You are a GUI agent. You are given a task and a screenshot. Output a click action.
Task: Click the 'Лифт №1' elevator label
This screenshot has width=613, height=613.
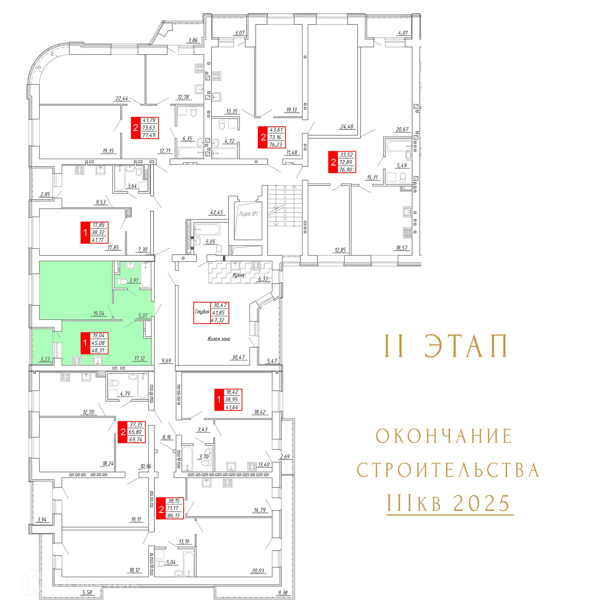[x=248, y=214]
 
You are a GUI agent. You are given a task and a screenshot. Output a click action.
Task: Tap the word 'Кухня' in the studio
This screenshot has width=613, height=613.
[x=238, y=275]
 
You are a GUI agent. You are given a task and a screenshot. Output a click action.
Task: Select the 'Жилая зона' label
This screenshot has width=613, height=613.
[x=219, y=339]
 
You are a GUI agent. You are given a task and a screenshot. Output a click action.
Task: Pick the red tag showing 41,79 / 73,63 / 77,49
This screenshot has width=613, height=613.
[x=145, y=128]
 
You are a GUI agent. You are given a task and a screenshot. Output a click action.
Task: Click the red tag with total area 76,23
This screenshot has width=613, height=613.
[x=272, y=137]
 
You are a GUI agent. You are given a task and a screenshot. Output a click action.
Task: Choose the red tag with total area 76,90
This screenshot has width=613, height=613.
[x=342, y=162]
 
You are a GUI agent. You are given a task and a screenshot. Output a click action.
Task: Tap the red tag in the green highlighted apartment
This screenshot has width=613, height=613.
[x=94, y=343]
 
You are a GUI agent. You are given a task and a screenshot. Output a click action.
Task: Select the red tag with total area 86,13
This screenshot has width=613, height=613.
[x=170, y=508]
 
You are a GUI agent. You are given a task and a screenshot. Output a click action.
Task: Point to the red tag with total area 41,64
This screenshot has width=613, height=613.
[x=228, y=399]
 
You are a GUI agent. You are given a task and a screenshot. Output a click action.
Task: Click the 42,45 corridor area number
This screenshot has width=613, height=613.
[x=217, y=213]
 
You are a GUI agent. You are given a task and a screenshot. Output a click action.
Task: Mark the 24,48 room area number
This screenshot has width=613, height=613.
[x=347, y=127]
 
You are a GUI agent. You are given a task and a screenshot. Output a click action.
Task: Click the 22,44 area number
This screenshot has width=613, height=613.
[x=122, y=98]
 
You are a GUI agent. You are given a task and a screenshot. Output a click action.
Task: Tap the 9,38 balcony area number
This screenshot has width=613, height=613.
[x=283, y=593]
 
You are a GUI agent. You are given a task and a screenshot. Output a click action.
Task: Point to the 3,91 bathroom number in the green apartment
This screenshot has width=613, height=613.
[x=133, y=281]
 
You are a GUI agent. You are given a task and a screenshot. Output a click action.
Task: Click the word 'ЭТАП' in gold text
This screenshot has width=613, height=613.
[x=466, y=346]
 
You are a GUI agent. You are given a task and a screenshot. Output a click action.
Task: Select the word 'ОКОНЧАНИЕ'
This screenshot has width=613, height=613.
[x=444, y=436]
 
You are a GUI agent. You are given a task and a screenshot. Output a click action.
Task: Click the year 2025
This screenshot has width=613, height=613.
[x=482, y=503]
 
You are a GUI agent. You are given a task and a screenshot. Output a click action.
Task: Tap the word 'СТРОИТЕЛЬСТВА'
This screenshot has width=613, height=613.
[x=448, y=470]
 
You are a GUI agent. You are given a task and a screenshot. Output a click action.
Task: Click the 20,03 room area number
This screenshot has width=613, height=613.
[x=258, y=571]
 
